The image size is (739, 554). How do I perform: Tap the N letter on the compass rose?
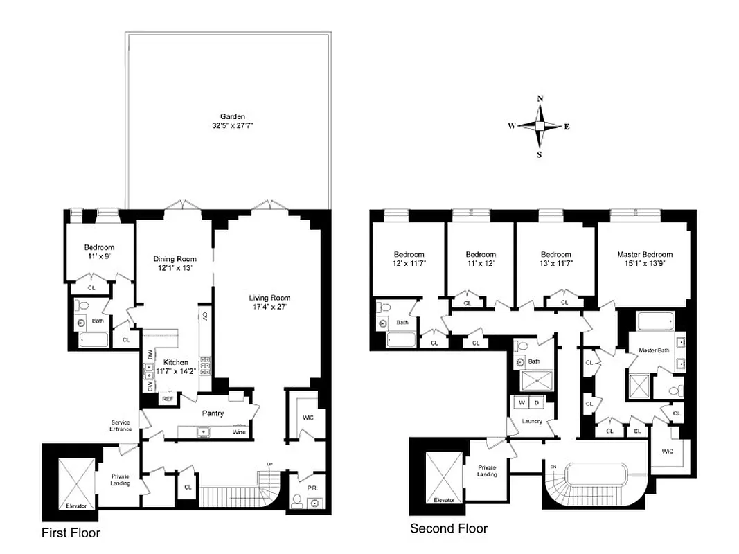coord(540,98)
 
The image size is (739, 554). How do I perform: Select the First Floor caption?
coord(71,533)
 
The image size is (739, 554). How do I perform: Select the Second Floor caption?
coord(449,528)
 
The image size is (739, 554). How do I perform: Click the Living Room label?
coord(268,298)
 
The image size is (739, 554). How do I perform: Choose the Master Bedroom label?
coord(644,254)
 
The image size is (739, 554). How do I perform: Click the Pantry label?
coord(213,413)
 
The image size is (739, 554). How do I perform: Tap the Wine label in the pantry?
coord(238,432)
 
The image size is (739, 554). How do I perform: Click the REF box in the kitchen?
coord(167,399)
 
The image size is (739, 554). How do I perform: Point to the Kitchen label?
coord(175,362)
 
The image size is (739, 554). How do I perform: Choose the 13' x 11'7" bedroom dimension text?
coord(555,263)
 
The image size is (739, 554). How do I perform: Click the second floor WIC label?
coord(667,452)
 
